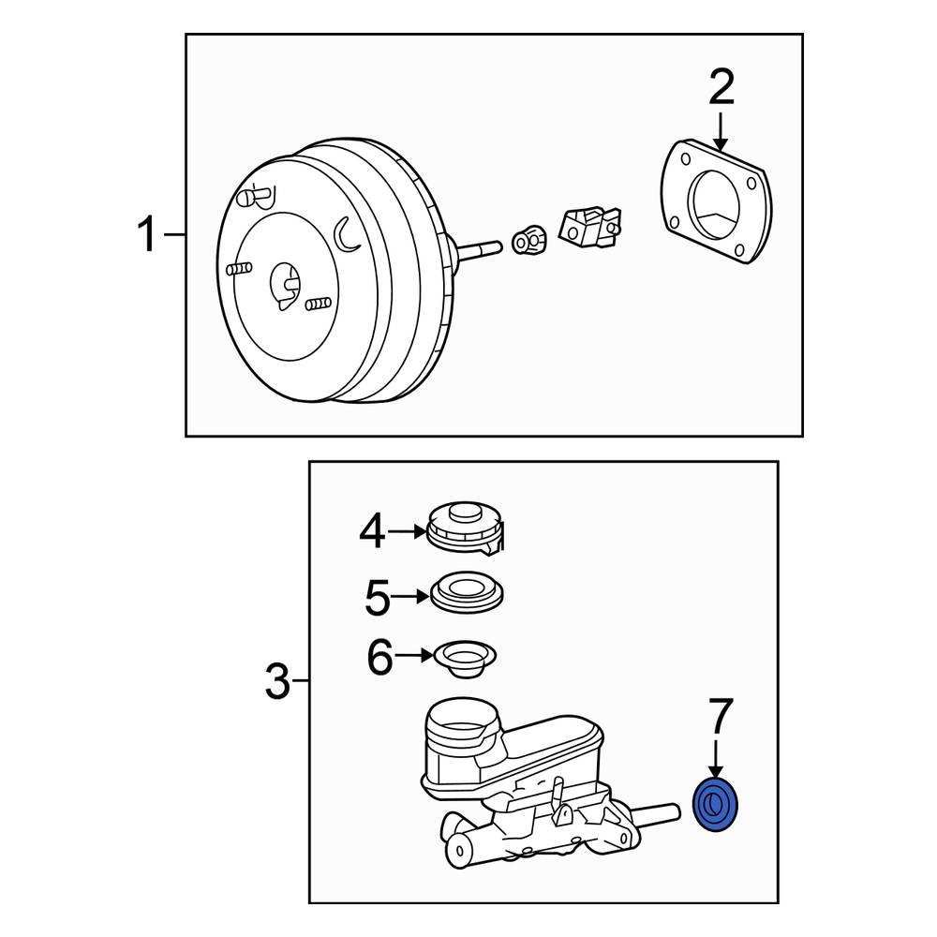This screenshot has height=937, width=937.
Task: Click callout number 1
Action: point(147,234)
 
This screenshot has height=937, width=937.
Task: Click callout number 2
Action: point(721,89)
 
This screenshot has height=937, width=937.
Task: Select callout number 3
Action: point(277,681)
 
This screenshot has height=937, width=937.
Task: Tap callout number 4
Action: point(372,532)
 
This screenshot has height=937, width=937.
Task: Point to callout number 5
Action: point(377,597)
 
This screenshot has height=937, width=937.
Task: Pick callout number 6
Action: point(379,658)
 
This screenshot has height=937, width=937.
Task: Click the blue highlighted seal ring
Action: point(717,805)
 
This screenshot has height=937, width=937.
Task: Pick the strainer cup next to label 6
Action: point(465,658)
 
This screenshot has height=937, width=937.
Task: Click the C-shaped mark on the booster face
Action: point(345,234)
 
